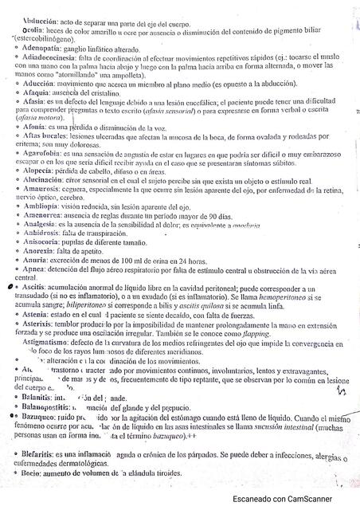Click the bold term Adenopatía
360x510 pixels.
[x=38, y=48]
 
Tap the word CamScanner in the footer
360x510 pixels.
[x=319, y=499]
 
